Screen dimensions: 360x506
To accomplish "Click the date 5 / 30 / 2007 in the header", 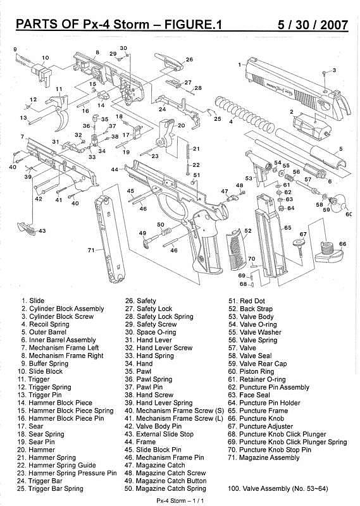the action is pos(313,25).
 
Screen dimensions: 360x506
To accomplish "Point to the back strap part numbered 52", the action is pos(237,250).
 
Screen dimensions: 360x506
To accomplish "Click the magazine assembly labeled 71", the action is pos(110,238).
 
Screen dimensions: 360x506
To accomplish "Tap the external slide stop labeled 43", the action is pos(27,228).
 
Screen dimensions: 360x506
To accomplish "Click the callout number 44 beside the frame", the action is pos(115,169).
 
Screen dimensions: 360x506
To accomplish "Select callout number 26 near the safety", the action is pos(189,59).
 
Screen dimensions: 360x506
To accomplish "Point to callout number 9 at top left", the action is pos(15,49).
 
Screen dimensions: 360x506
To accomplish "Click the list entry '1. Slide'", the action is pos(33,301).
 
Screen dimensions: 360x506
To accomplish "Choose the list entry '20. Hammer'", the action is pos(36,450).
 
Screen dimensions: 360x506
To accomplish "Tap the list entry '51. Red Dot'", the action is pos(247,301).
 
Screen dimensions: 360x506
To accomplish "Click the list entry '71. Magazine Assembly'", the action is pos(263,457).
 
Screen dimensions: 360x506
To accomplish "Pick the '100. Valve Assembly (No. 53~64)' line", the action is pos(278,488).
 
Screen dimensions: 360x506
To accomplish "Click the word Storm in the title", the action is pos(132,25).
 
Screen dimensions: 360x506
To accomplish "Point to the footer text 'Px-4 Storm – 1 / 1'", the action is pos(180,501).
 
